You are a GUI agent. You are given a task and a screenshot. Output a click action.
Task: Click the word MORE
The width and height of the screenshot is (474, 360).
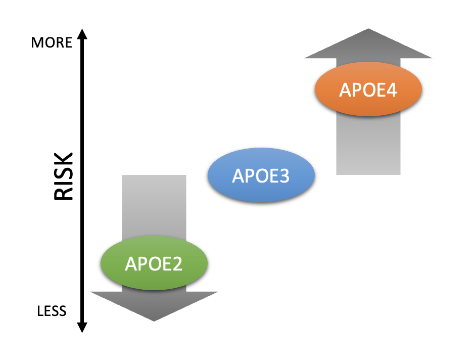52,42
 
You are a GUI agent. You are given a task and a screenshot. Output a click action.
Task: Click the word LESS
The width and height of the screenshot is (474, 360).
52,310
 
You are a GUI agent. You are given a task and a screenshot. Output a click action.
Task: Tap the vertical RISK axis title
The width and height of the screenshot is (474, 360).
64,176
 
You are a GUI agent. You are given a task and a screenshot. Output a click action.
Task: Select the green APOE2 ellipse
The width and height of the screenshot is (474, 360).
154,263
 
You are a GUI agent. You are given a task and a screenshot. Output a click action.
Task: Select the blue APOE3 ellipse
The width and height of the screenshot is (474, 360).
261,175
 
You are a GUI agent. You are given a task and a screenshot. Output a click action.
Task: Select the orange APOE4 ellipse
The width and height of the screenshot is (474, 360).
368,89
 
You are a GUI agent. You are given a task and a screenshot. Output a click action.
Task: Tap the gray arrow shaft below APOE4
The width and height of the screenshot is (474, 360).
368,147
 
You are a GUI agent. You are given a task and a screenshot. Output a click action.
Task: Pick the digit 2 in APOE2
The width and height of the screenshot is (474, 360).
177,264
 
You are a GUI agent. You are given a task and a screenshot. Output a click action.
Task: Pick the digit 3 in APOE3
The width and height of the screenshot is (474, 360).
285,176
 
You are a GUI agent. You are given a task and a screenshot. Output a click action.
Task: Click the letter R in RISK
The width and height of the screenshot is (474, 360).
64,193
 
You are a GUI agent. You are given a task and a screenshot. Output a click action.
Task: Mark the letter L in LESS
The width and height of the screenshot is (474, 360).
40,310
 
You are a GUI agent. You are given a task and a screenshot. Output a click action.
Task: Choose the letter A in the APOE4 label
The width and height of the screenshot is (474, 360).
345,90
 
